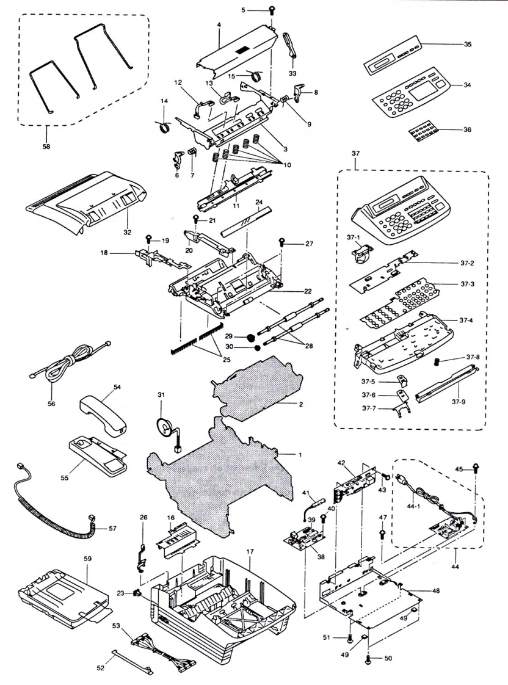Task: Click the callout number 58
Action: point(47,145)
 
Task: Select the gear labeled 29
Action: point(249,338)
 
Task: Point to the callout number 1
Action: point(300,454)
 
